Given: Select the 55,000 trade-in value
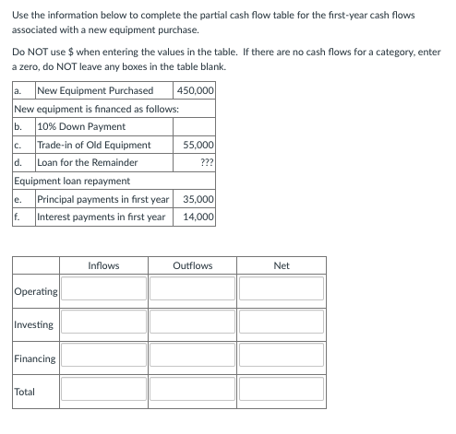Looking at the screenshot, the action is click(x=199, y=145).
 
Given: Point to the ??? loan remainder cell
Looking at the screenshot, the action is click(x=207, y=163).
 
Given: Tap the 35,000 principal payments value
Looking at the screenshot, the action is click(x=199, y=199).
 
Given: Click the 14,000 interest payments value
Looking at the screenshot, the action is click(x=199, y=217).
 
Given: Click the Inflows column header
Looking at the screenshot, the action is click(x=103, y=265).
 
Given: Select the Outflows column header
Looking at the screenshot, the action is click(x=192, y=265).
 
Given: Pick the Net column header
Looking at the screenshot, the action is click(x=282, y=265).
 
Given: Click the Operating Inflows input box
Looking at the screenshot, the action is click(x=103, y=290).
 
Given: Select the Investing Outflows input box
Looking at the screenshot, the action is click(x=192, y=323).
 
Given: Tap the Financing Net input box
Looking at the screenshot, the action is click(x=282, y=357).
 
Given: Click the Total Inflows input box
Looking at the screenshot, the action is click(x=103, y=390).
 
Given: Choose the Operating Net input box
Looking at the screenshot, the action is click(x=282, y=290).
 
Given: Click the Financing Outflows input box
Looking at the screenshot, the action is click(x=192, y=357).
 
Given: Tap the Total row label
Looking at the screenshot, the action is click(x=26, y=391).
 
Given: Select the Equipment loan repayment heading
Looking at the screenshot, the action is click(x=72, y=181).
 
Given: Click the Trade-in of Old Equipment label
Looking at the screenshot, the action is click(x=93, y=145).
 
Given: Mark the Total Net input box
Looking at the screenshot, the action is click(x=282, y=390).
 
